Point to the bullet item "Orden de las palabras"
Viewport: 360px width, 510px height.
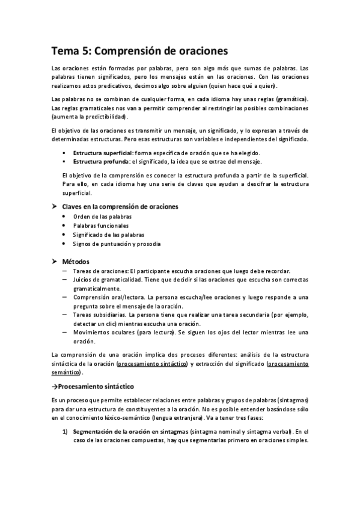pos(102,217)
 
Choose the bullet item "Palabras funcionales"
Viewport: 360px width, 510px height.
pos(101,226)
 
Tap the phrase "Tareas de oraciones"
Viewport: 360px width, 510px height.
pos(100,271)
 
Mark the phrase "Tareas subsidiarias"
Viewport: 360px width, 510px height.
pos(99,315)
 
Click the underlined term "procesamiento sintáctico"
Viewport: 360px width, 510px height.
pos(153,364)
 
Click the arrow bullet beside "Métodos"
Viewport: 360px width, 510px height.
pos(55,262)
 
